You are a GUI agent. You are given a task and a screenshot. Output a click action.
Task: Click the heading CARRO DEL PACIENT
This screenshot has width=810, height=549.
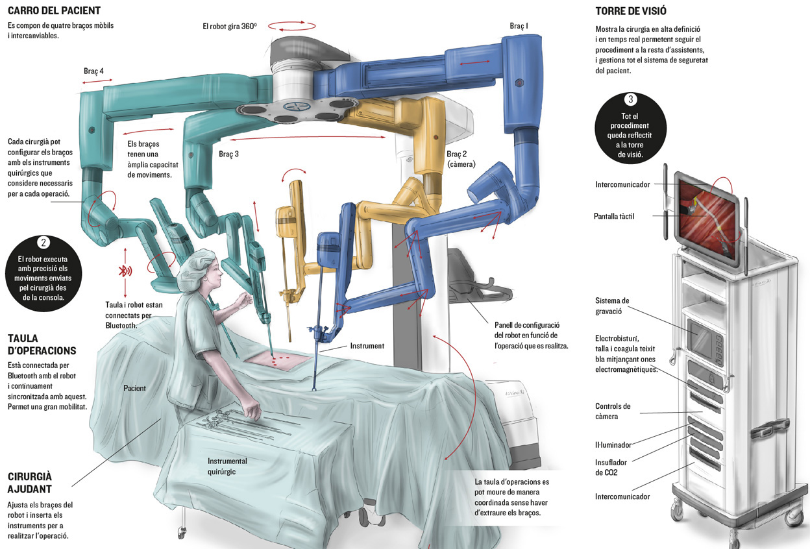pyautogui.click(x=54, y=10)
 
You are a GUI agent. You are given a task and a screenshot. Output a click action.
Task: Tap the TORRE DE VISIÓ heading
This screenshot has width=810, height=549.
pyautogui.click(x=631, y=11)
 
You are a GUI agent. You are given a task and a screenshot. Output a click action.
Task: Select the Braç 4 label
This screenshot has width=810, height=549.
pyautogui.click(x=93, y=71)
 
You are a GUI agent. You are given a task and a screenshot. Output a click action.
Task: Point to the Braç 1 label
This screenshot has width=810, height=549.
pyautogui.click(x=519, y=26)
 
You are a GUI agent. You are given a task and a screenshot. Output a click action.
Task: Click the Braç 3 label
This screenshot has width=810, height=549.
pyautogui.click(x=228, y=154)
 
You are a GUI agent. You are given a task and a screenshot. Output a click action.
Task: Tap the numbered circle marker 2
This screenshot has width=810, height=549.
pyautogui.click(x=43, y=242)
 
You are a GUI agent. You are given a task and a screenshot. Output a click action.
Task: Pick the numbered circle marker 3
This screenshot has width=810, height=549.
pyautogui.click(x=631, y=99)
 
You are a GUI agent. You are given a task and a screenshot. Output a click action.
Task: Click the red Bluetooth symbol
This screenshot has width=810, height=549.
pyautogui.click(x=125, y=271)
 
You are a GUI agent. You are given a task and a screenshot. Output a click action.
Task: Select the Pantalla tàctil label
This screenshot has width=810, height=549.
pyautogui.click(x=614, y=216)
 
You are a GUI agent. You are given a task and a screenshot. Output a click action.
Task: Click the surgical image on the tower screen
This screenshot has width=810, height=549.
pyautogui.click(x=707, y=221)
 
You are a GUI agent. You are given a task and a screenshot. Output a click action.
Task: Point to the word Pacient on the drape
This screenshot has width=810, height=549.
pyautogui.click(x=134, y=388)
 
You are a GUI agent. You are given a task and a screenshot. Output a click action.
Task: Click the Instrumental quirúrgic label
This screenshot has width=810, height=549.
pyautogui.click(x=227, y=466)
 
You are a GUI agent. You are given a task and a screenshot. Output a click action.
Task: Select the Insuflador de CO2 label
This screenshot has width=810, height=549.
pyautogui.click(x=611, y=467)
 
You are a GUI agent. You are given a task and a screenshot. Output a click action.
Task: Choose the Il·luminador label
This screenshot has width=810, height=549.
pyautogui.click(x=613, y=445)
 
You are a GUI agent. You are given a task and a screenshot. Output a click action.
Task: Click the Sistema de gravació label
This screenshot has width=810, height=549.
pyautogui.click(x=612, y=306)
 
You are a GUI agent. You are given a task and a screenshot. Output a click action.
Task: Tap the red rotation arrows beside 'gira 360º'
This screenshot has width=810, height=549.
pyautogui.click(x=292, y=26)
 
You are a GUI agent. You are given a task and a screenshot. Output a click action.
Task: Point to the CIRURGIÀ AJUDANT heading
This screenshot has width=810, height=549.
pyautogui.click(x=30, y=482)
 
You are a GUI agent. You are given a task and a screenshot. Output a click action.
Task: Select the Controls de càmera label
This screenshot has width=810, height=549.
pyautogui.click(x=613, y=411)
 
